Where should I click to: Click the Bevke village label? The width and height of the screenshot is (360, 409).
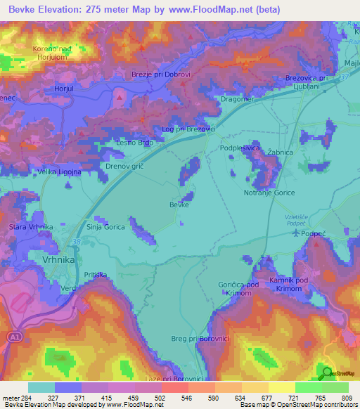coord(179,204)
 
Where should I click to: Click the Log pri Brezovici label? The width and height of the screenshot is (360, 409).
coord(188,129)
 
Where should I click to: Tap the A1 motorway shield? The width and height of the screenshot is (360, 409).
coord(14,337)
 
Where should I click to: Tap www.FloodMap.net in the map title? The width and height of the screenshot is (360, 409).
coord(218,10)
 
